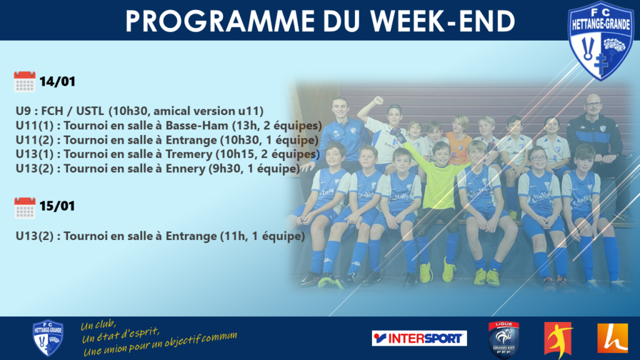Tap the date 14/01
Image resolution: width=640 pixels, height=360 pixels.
tap(57, 82)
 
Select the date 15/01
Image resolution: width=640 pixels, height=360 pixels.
tap(57, 206)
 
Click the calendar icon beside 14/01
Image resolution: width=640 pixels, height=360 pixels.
tap(24, 82)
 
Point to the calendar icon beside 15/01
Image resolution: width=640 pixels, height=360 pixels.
tap(24, 208)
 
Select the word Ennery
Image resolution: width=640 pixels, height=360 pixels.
tap(185, 169)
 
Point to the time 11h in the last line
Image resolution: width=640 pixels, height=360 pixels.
tap(234, 236)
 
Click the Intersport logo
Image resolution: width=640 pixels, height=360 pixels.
tap(419, 338)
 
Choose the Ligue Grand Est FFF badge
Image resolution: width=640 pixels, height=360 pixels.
tap(504, 339)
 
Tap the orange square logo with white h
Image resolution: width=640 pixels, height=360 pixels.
tap(612, 338)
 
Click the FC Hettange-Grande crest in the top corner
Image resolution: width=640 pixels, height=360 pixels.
tap(601, 40)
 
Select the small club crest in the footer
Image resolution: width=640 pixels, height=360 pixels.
tap(47, 338)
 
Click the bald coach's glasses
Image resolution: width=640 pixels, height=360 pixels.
tap(592, 104)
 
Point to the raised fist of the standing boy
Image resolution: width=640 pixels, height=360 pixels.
tap(378, 100)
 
